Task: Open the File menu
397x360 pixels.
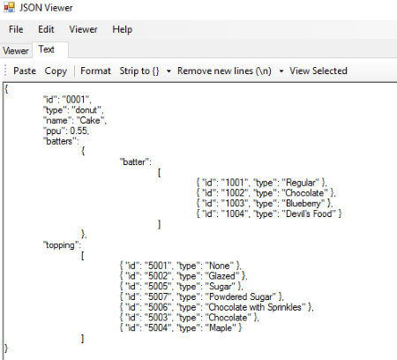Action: (x=16, y=29)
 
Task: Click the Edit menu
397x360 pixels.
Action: (x=46, y=29)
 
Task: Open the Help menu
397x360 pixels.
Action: (x=123, y=30)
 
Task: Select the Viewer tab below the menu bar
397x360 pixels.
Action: (x=16, y=50)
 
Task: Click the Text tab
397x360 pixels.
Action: (x=47, y=49)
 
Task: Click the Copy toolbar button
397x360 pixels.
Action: (x=56, y=71)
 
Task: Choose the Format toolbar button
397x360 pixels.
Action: (x=95, y=71)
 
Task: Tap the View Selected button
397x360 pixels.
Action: (x=318, y=71)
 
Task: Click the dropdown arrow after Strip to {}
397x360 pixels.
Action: (x=169, y=71)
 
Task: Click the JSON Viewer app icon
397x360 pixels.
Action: (x=9, y=7)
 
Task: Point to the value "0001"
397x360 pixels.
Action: (x=77, y=100)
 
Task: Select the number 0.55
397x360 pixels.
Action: (x=79, y=131)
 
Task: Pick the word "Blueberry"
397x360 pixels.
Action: (x=303, y=203)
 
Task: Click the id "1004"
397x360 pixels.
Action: (x=235, y=214)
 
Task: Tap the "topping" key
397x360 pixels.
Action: (x=62, y=245)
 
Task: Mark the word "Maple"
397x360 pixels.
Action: (x=221, y=327)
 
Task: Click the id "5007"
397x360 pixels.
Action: (x=158, y=296)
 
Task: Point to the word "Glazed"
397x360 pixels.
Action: (x=221, y=276)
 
